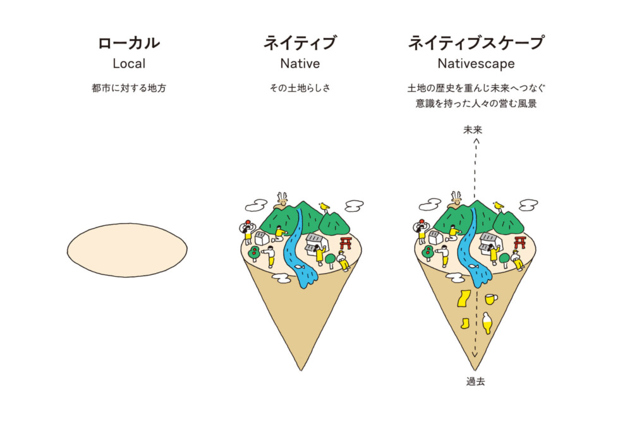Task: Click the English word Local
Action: [x=129, y=63]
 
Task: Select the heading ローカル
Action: [x=129, y=43]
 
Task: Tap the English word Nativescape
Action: [x=476, y=64]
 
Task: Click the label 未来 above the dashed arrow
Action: [x=473, y=130]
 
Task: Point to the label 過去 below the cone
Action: [x=476, y=381]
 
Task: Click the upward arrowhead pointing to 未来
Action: [x=476, y=141]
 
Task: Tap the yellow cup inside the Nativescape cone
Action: [x=490, y=299]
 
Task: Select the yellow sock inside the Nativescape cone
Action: [x=466, y=323]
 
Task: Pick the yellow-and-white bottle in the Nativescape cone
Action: [x=487, y=322]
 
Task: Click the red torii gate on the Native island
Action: [x=346, y=243]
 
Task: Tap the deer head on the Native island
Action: [x=282, y=198]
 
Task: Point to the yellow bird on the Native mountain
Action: [x=324, y=207]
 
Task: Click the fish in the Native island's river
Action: [x=299, y=265]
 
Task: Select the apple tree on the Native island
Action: [x=254, y=253]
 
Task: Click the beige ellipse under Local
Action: [x=127, y=250]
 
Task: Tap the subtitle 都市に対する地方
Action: [x=129, y=88]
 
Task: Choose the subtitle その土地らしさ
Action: [x=300, y=88]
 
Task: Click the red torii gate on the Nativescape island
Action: [x=520, y=242]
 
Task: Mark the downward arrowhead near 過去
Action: [x=475, y=355]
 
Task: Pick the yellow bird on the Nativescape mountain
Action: [x=498, y=205]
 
